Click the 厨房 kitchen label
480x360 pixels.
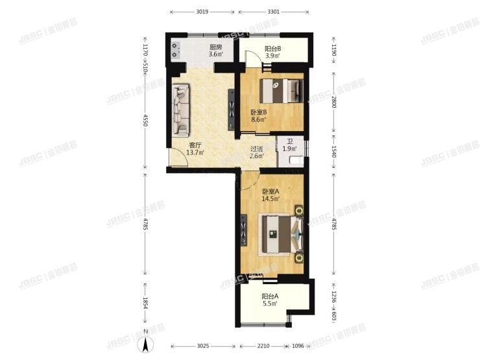pyautogui.click(x=215, y=48)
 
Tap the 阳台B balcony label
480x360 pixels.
pyautogui.click(x=272, y=49)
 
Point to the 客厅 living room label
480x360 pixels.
pyautogui.click(x=195, y=145)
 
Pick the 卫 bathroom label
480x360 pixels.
pyautogui.click(x=290, y=140)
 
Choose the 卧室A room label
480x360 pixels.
pyautogui.click(x=270, y=191)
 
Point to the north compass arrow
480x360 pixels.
pyautogui.click(x=147, y=346)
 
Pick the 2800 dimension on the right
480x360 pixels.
pyautogui.click(x=335, y=101)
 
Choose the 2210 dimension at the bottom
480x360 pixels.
pyautogui.click(x=262, y=346)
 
